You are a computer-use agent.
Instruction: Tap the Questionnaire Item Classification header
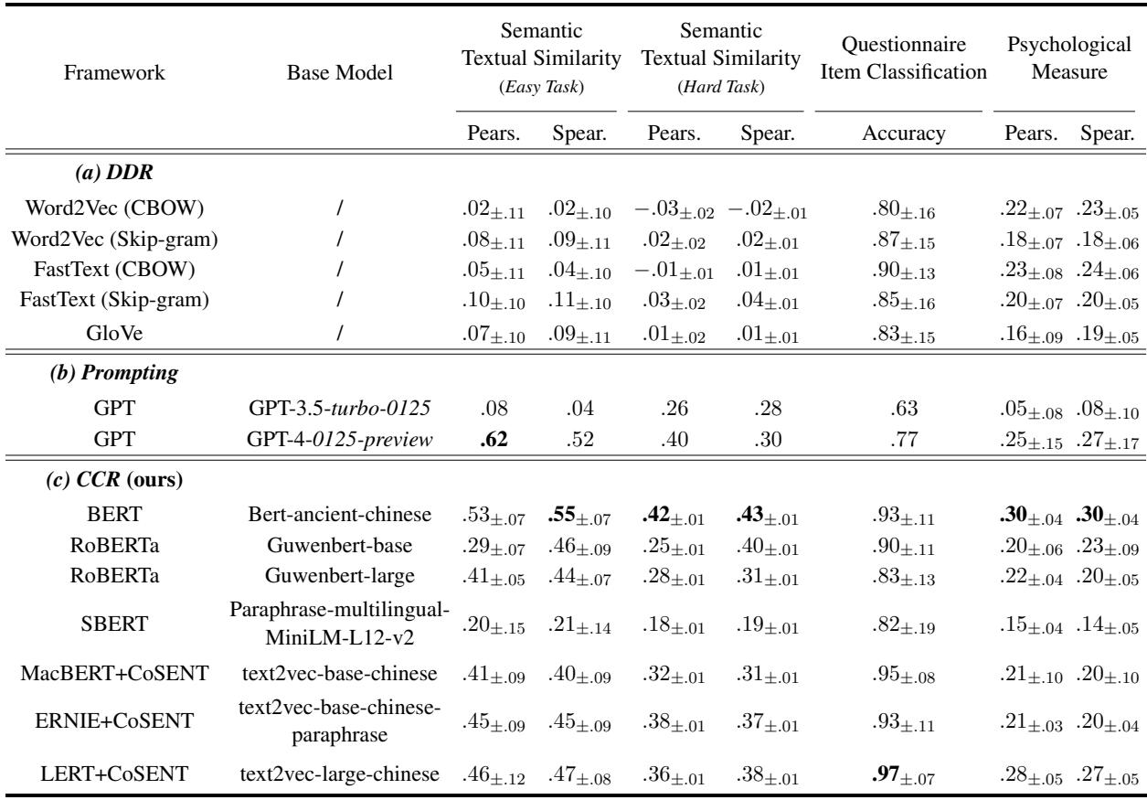coord(898,62)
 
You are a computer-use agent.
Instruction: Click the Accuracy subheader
coord(897,134)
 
